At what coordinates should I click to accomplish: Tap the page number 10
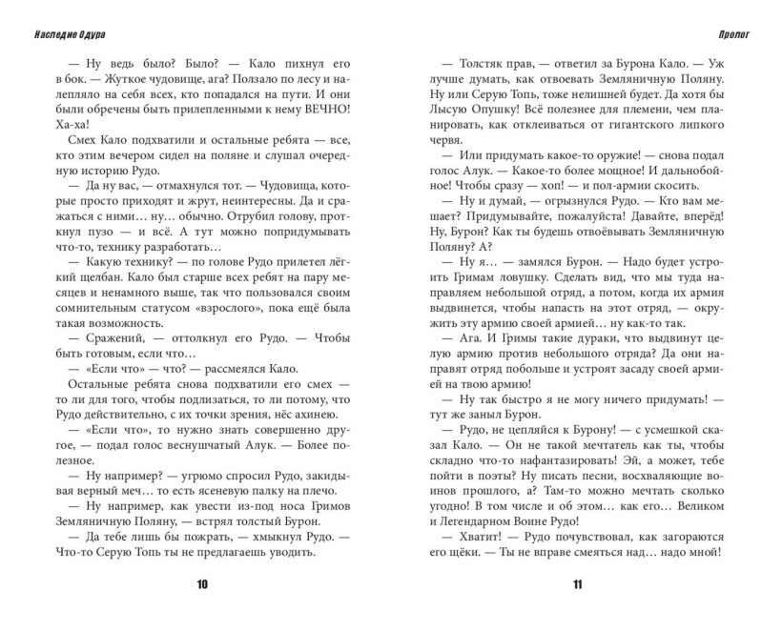point(202,585)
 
